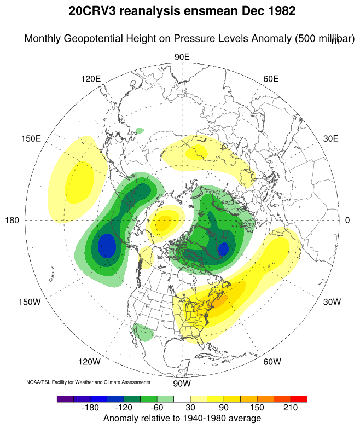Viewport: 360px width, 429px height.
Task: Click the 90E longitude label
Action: click(182, 57)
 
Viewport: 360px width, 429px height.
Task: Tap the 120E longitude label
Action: click(91, 79)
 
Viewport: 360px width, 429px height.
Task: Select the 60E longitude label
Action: click(271, 79)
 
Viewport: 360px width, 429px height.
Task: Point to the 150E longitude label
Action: click(31, 138)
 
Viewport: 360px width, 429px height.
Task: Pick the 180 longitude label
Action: click(12, 220)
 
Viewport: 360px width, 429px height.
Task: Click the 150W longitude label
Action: click(30, 302)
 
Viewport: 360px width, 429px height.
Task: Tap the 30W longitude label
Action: click(332, 302)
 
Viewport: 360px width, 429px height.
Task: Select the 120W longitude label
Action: click(89, 362)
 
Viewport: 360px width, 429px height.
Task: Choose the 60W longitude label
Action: click(272, 362)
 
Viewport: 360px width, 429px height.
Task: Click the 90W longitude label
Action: click(181, 384)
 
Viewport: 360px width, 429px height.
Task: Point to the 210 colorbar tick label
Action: click(290, 408)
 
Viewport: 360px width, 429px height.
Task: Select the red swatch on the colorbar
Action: click(299, 399)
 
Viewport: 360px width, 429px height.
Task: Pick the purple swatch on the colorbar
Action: click(65, 399)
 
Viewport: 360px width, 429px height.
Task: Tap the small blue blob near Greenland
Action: click(223, 250)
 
